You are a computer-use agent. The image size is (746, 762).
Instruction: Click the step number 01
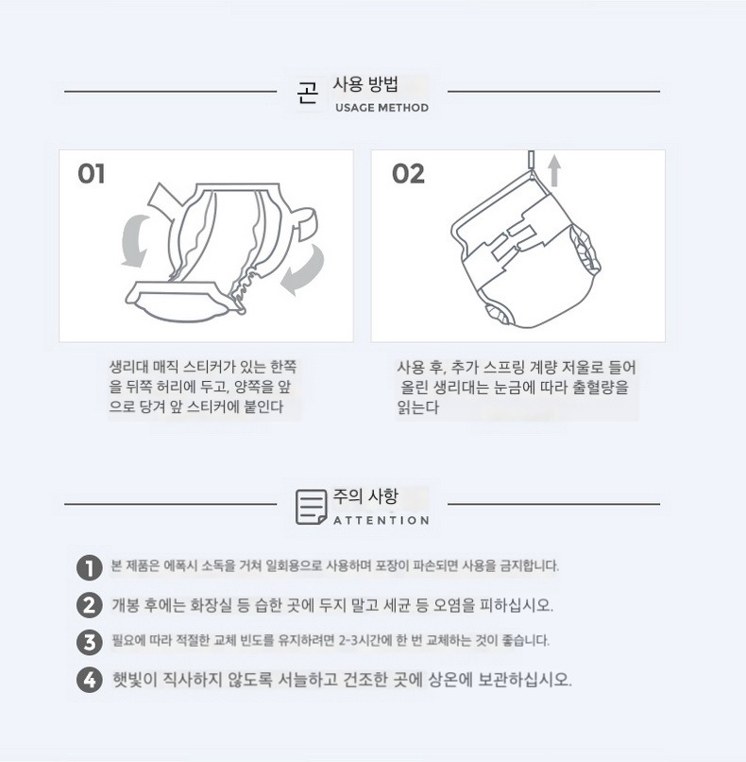point(91,174)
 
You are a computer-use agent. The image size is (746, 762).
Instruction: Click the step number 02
point(408,174)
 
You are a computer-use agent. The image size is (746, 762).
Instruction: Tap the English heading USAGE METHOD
point(382,108)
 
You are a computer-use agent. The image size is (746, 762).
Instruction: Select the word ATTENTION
point(381,521)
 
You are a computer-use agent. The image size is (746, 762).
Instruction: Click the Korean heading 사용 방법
point(365,84)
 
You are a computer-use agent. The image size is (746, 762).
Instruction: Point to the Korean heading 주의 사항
point(365,496)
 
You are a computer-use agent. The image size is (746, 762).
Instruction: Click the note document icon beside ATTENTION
point(311,507)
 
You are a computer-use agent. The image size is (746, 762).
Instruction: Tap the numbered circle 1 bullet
point(90,567)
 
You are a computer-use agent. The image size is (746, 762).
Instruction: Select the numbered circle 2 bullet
point(90,605)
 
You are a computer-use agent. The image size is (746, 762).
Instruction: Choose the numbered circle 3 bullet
point(90,643)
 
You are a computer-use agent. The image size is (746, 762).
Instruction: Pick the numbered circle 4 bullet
point(90,680)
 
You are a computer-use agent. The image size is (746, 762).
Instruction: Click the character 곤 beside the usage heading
point(308,93)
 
